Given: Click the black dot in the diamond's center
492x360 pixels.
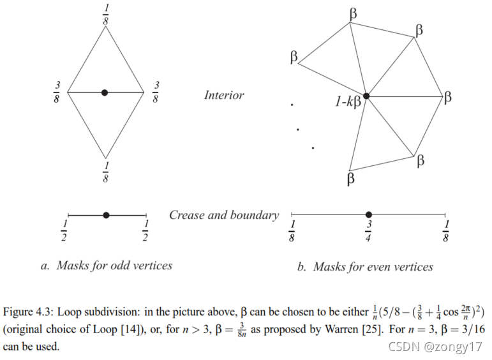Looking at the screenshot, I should pos(105,93).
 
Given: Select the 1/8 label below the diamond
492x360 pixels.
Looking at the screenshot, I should pos(105,172).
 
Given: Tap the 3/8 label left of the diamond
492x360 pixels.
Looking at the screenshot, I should pos(57,93).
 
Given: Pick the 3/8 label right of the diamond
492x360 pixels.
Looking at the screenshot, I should pos(156,93).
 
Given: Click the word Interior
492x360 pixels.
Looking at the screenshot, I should pos(224,95).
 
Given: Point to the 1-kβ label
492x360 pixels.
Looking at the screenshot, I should pos(348,100).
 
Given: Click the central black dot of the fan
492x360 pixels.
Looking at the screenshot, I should pos(366,96).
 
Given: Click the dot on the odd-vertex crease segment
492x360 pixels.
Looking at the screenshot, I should pos(106,215).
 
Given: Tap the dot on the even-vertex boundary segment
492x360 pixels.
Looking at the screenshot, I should pos(368,215).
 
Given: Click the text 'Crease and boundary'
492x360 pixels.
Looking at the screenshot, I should pos(223,215).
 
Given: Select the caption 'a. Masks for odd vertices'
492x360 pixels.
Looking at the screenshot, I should pos(106,266).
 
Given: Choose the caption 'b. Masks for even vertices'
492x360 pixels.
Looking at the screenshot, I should pos(365,266).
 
